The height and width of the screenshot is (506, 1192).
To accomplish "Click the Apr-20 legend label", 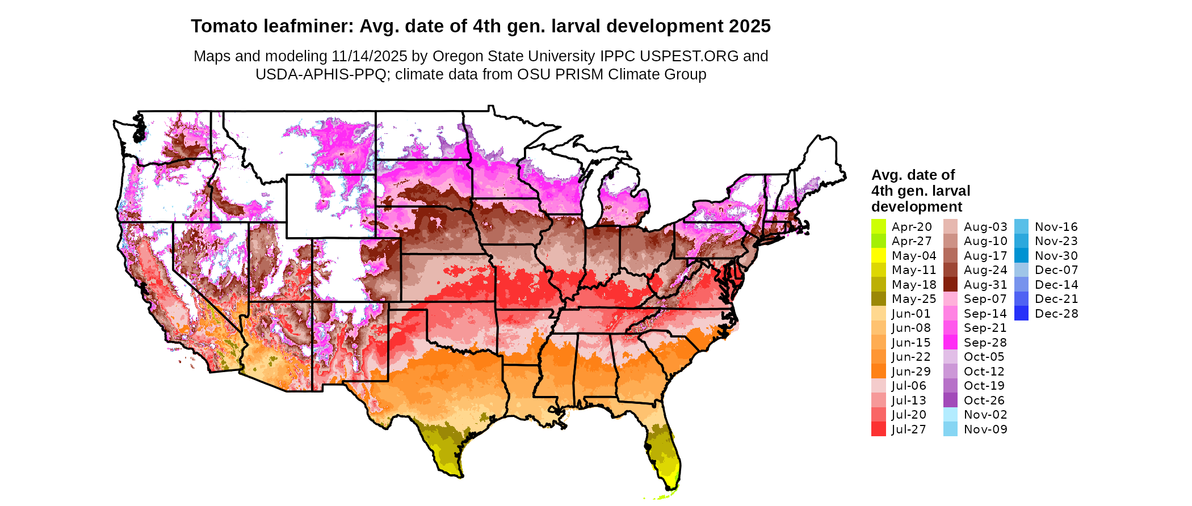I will coord(912,227).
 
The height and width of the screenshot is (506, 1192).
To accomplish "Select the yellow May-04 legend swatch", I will coord(878,256).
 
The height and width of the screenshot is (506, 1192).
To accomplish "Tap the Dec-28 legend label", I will coord(1056,314).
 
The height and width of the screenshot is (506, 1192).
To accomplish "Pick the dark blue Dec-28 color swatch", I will coord(1021,314).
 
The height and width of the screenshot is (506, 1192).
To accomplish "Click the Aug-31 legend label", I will coord(985,285).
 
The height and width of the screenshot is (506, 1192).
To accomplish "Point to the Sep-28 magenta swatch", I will coord(950,343).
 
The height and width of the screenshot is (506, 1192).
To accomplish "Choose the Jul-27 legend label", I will coord(908,429).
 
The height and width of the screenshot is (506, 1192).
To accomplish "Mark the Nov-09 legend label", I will coord(985,429).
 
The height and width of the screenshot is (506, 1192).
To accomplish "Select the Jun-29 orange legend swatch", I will coord(878,372).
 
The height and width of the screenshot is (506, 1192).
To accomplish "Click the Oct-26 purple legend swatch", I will coord(950,400).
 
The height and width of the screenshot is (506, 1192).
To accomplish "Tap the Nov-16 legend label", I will coord(1056,227).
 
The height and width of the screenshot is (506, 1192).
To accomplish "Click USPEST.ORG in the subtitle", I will coord(689,56).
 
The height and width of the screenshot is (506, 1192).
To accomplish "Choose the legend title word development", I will coord(917,206).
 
